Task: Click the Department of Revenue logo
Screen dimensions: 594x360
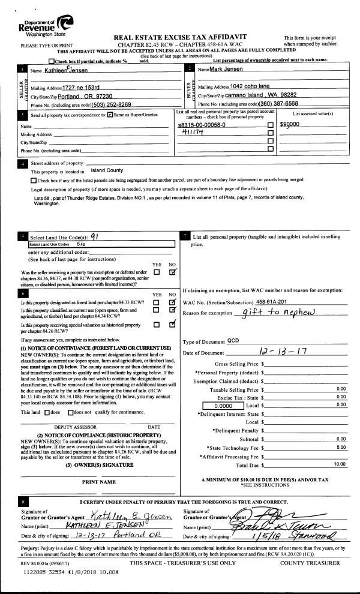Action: tap(46, 26)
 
